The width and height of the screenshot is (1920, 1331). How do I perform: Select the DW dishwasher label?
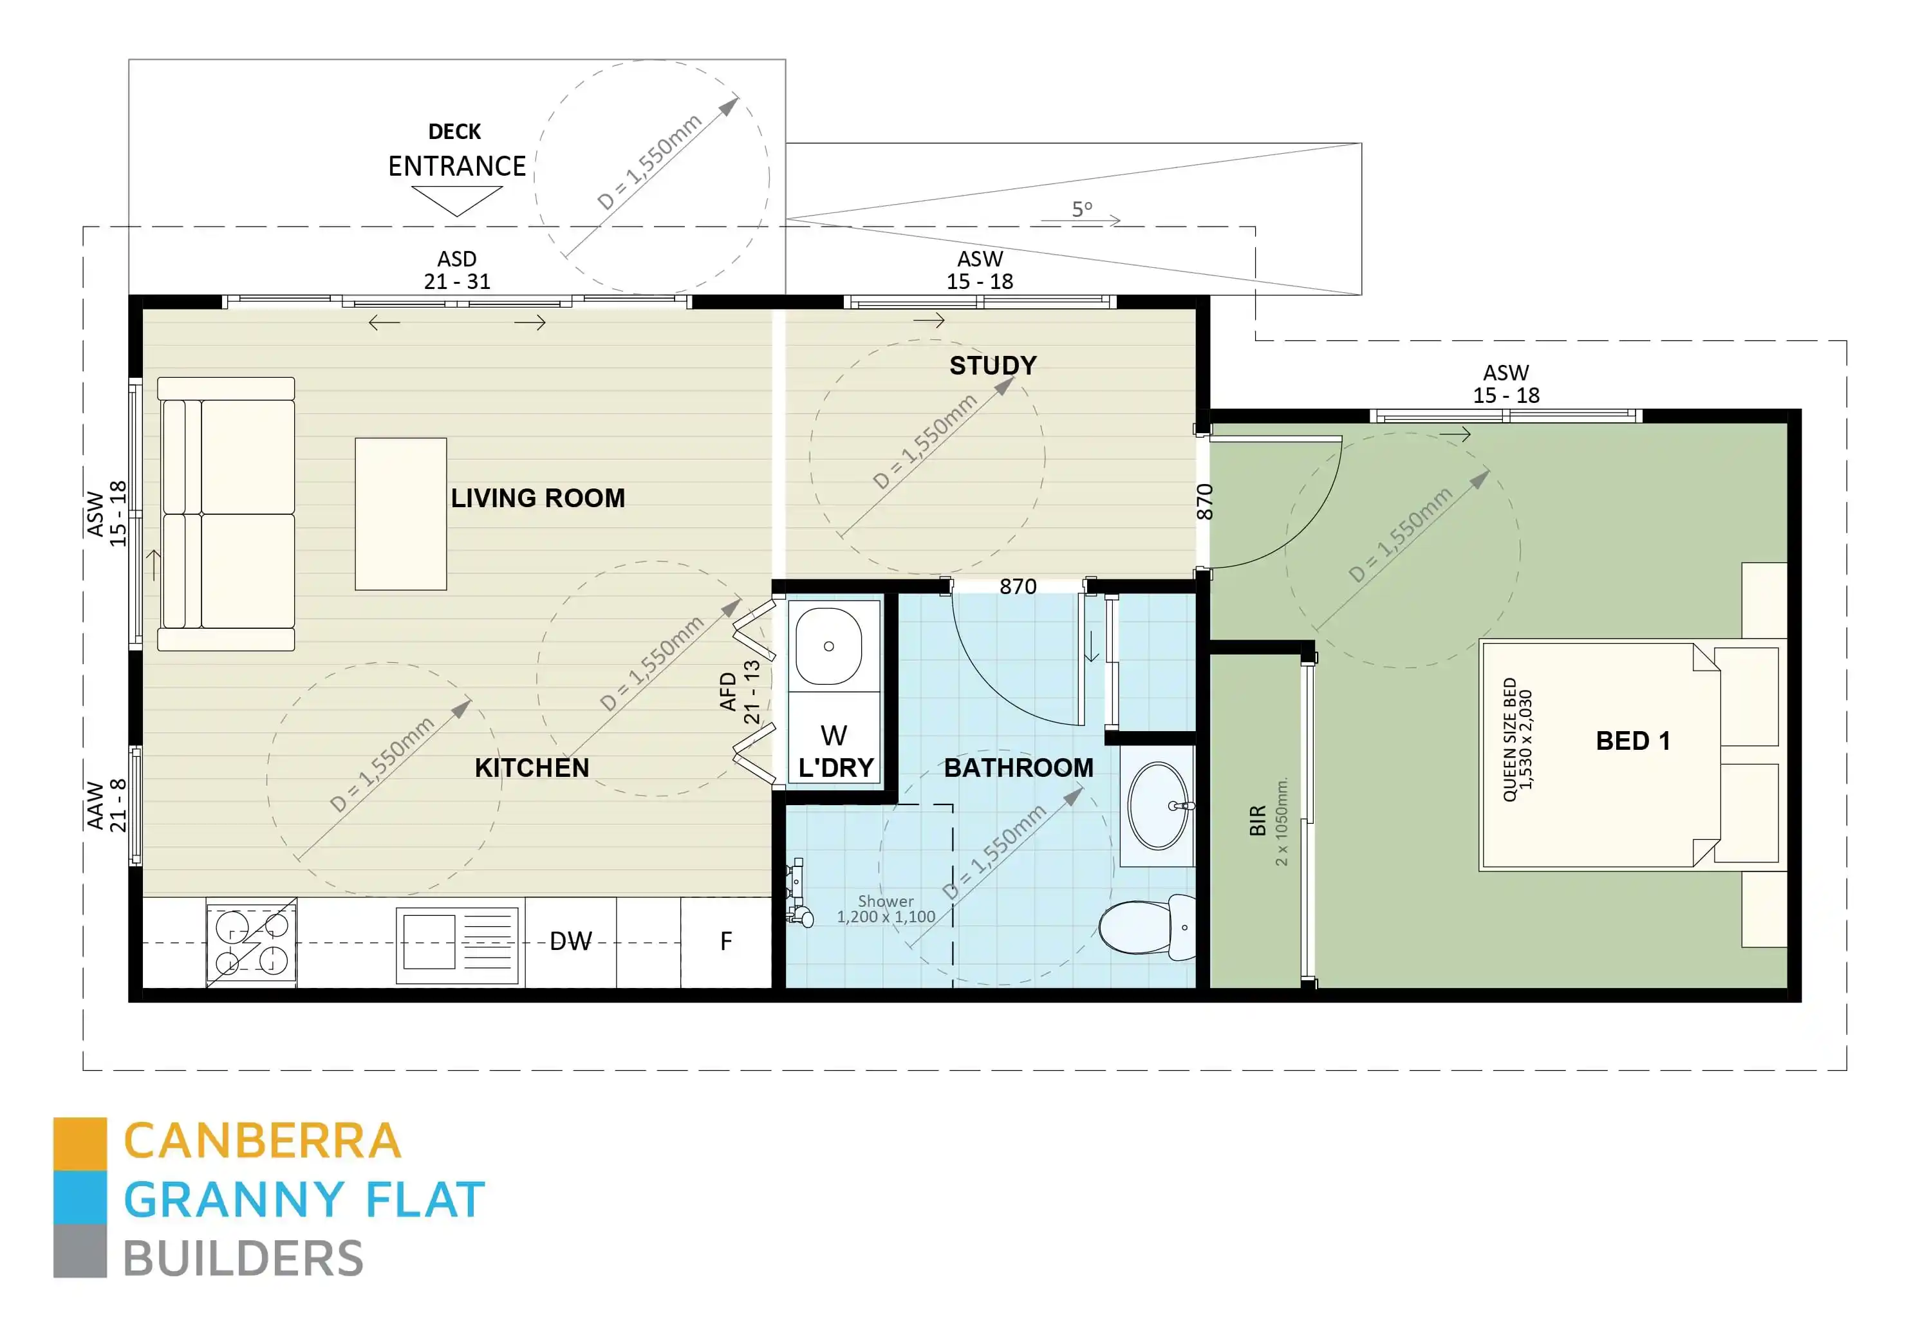point(570,942)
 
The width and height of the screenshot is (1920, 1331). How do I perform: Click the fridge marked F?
point(725,942)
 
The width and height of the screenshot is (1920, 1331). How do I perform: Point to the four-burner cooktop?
point(251,942)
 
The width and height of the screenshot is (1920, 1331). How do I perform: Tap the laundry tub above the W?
point(828,646)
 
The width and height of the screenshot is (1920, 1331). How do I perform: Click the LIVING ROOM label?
point(538,499)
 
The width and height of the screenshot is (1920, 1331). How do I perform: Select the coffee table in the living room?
point(400,514)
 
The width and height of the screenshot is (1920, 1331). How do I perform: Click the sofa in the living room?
point(227,514)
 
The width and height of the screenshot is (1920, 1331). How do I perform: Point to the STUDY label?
point(993,366)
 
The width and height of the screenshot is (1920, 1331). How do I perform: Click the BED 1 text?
point(1632,741)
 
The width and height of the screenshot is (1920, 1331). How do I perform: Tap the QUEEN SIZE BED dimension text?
point(1517,740)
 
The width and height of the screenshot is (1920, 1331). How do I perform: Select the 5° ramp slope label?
point(1082,209)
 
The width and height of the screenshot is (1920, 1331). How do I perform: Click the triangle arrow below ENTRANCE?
point(457,198)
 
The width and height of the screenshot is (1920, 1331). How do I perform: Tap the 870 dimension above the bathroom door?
point(1018,587)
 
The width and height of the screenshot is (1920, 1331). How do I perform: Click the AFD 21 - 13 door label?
point(740,691)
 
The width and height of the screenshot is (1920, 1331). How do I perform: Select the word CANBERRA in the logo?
point(263,1141)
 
